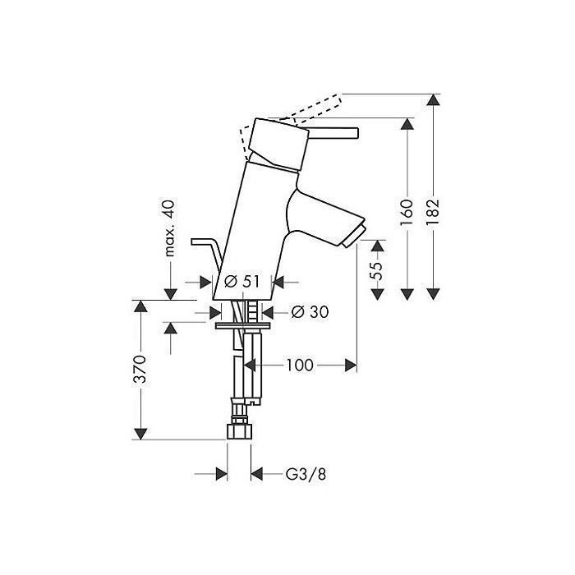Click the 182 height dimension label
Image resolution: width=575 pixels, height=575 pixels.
433,213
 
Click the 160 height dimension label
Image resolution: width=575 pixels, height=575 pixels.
407,214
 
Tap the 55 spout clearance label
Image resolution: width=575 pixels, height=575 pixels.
377,270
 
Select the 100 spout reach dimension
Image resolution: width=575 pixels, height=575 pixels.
300,366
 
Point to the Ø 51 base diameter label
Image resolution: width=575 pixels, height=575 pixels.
241,282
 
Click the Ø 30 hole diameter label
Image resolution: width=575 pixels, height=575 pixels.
310,312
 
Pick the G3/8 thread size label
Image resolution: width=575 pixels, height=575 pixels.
306,474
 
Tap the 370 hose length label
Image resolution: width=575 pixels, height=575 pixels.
140,369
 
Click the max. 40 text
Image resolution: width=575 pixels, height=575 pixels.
169,228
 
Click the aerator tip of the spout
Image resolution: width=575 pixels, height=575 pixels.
354,237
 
